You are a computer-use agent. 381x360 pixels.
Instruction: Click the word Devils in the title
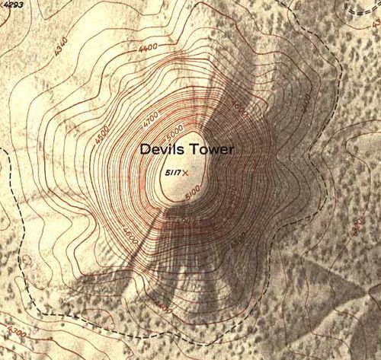[161, 151]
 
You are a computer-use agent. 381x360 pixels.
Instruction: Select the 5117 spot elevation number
[172, 174]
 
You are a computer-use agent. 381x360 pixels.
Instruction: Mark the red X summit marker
[185, 174]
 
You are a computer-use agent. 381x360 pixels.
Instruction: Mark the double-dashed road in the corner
[358, 8]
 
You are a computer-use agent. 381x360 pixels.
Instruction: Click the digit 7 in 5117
[178, 174]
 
